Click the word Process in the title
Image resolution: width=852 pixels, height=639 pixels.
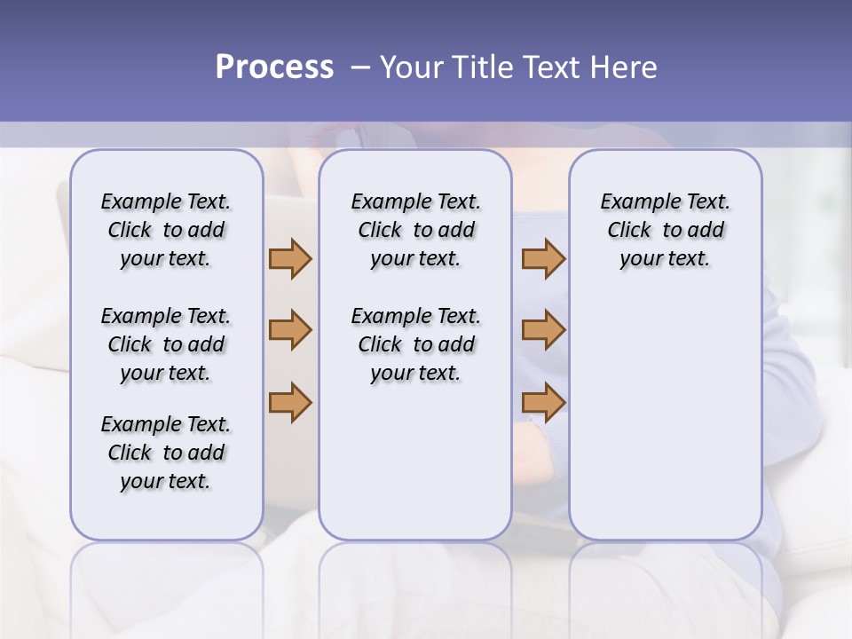pos(274,67)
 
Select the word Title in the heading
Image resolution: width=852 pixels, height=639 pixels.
pos(482,67)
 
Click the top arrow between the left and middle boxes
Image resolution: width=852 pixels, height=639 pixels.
pos(290,258)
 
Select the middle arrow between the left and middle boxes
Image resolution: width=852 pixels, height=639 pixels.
pos(290,330)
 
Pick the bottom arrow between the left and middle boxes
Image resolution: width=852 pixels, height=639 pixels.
pos(290,402)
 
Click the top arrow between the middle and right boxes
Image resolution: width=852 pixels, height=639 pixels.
pos(543,258)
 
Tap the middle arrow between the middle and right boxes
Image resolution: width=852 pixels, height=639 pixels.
pos(543,330)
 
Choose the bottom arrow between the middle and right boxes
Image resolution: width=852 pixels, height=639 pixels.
pos(543,402)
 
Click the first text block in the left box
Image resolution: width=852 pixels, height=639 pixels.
pos(166,230)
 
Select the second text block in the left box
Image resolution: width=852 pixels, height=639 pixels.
pos(166,344)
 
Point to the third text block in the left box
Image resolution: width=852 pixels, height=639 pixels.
pos(166,453)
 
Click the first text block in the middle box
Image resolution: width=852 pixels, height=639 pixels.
pos(415,230)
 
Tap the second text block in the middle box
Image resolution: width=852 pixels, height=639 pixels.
pos(415,344)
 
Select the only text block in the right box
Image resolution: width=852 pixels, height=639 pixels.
pos(665,230)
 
